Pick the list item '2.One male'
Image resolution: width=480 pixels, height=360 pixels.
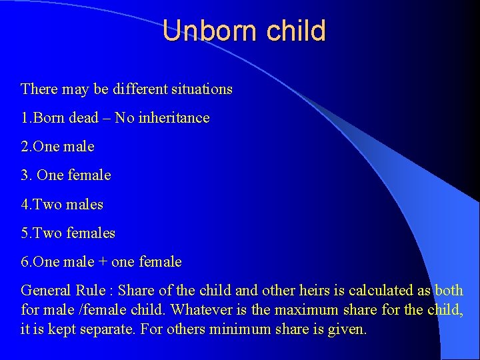pos(58,147)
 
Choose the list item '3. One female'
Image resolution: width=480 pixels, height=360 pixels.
pos(66,175)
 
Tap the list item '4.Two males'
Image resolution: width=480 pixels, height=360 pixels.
pos(62,204)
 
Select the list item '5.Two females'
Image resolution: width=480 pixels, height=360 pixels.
pos(68,233)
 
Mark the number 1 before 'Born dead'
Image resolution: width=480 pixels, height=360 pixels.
pos(24,118)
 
